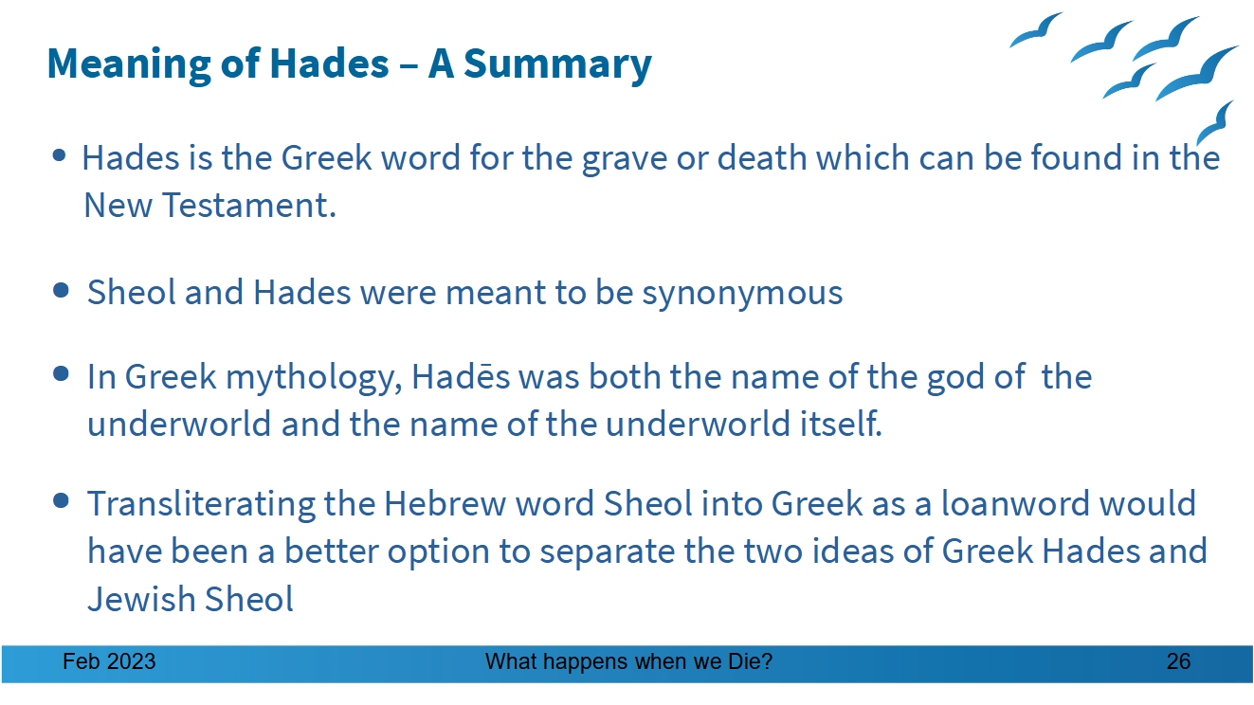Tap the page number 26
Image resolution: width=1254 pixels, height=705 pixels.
pos(1178,662)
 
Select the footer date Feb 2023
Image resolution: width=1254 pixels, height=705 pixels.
pos(109,662)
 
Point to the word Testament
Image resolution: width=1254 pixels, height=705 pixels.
pos(249,205)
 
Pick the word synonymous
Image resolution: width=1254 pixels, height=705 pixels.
pos(742,293)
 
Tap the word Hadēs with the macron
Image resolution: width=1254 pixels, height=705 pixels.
pos(461,376)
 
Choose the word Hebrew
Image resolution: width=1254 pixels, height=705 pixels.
pos(445,502)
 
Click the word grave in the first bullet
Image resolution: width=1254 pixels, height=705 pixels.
pos(625,159)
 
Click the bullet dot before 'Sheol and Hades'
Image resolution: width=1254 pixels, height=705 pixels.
pos(61,291)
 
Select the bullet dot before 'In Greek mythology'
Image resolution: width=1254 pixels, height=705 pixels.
pos(61,373)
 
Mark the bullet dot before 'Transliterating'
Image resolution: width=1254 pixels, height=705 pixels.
pos(61,500)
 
